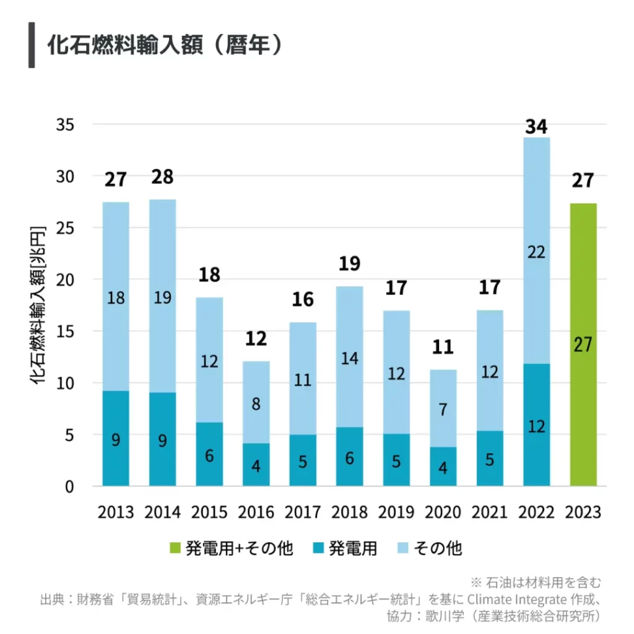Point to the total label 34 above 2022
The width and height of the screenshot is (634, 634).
click(x=536, y=127)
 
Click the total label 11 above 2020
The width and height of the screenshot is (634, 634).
click(x=443, y=347)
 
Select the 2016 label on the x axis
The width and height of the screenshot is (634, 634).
click(x=256, y=513)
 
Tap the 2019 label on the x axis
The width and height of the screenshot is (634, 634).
click(x=396, y=513)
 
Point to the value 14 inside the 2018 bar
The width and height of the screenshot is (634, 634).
click(x=349, y=358)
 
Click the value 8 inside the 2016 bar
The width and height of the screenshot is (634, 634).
click(x=256, y=404)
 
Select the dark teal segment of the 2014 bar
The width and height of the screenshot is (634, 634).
click(x=162, y=440)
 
